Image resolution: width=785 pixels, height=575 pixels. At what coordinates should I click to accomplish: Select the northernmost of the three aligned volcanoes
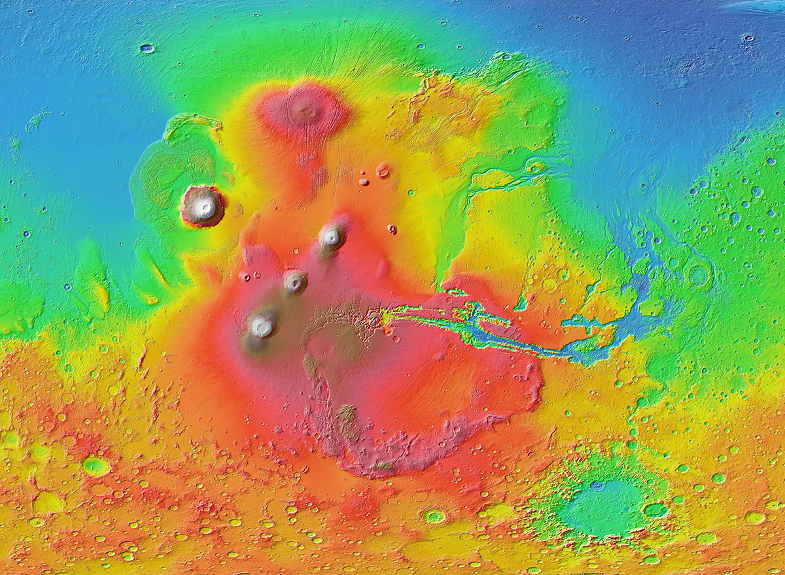(332, 237)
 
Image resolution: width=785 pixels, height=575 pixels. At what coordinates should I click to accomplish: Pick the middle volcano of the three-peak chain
(295, 282)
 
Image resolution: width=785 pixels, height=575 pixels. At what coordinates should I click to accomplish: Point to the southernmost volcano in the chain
(262, 325)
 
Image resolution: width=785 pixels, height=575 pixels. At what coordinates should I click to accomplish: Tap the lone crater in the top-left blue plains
(147, 48)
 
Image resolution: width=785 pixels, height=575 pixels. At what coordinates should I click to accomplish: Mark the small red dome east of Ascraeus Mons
(392, 229)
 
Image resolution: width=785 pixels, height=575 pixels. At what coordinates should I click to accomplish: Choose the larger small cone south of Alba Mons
(383, 171)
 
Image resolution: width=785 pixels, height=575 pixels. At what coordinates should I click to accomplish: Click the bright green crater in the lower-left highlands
(96, 466)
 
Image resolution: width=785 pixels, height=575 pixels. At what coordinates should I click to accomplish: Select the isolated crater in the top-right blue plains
(747, 39)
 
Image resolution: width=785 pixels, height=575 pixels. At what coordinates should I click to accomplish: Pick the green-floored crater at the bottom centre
(434, 516)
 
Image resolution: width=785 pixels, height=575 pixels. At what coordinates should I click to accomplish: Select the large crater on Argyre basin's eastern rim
(655, 510)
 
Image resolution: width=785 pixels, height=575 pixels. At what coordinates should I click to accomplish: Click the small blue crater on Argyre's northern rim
(597, 485)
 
